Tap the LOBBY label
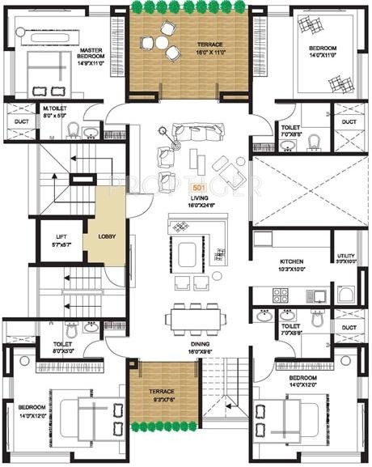point(107,236)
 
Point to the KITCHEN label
point(291,262)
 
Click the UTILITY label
point(345,257)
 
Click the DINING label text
point(197,345)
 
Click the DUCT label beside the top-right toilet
point(348,122)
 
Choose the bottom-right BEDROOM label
point(304,378)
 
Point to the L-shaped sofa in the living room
point(194,236)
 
